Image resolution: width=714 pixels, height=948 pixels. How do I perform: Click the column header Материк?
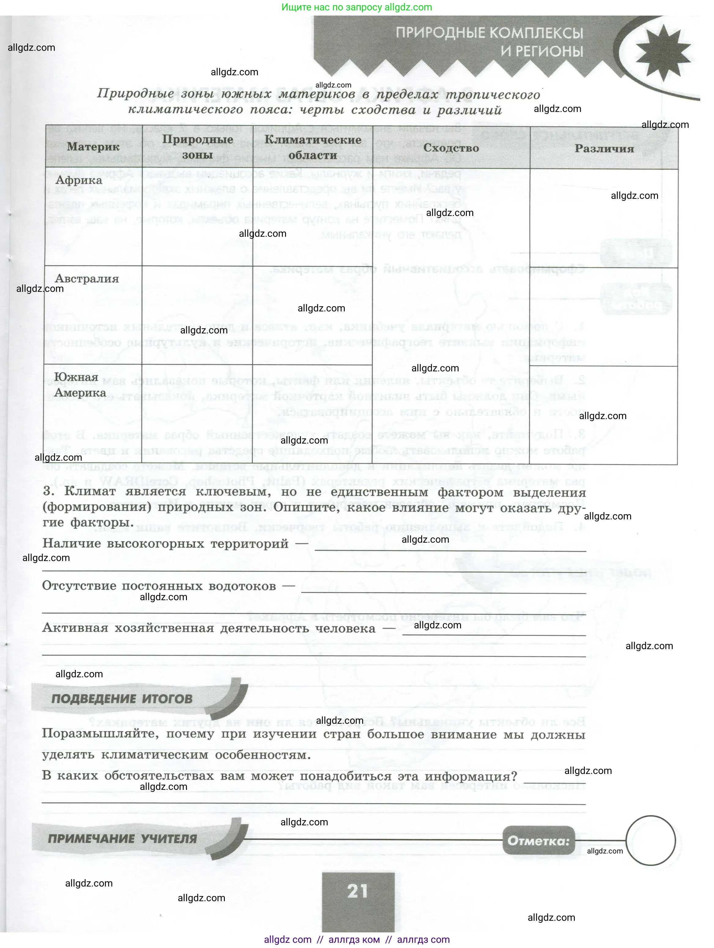pos(93,147)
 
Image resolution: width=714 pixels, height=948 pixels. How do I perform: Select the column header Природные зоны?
pos(198,147)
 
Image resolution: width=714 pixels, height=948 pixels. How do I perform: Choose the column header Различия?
pos(604,149)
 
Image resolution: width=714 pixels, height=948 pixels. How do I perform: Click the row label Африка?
pos(79,180)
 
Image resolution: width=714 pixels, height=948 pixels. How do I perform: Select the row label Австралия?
pos(87,279)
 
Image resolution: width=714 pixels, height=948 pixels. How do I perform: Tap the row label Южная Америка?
pos(80,385)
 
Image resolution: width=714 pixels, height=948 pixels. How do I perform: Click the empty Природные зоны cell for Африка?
pos(198,217)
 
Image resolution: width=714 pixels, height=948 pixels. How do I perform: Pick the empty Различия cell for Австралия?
pos(604,317)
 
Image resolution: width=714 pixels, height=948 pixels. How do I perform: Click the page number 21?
pos(357,891)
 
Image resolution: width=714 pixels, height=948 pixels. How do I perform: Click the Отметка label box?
pos(538,841)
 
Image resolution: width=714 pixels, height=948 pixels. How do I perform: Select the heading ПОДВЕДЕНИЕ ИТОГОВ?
pos(122,699)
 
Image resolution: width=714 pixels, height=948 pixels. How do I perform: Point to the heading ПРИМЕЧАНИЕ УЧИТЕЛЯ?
pos(122,839)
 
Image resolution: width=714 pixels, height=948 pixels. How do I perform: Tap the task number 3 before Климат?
pos(48,491)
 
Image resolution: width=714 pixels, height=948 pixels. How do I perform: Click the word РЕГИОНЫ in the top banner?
pos(542,51)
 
